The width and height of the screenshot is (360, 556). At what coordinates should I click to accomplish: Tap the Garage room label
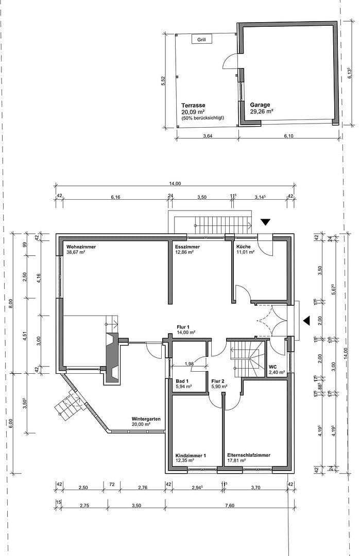click(x=260, y=105)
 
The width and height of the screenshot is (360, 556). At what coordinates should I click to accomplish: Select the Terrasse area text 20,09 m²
click(x=193, y=111)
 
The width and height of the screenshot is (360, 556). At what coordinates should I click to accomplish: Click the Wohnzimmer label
click(x=81, y=247)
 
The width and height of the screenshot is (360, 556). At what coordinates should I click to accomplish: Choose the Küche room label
click(x=244, y=247)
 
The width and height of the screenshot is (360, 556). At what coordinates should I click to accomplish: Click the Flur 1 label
click(x=183, y=327)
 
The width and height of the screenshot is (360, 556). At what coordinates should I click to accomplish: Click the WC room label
click(x=273, y=367)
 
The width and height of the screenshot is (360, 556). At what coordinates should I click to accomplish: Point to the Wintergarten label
click(x=146, y=419)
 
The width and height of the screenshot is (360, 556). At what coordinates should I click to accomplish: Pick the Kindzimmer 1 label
click(x=191, y=456)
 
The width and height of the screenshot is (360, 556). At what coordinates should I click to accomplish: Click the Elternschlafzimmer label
click(x=249, y=456)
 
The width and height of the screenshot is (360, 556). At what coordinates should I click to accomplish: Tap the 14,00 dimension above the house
click(x=175, y=184)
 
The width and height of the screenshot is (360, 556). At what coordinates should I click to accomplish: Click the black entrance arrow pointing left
click(x=306, y=321)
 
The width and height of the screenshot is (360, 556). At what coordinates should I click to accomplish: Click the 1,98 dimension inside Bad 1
click(x=189, y=364)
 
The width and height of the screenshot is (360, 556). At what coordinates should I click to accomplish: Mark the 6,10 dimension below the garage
click(x=289, y=136)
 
